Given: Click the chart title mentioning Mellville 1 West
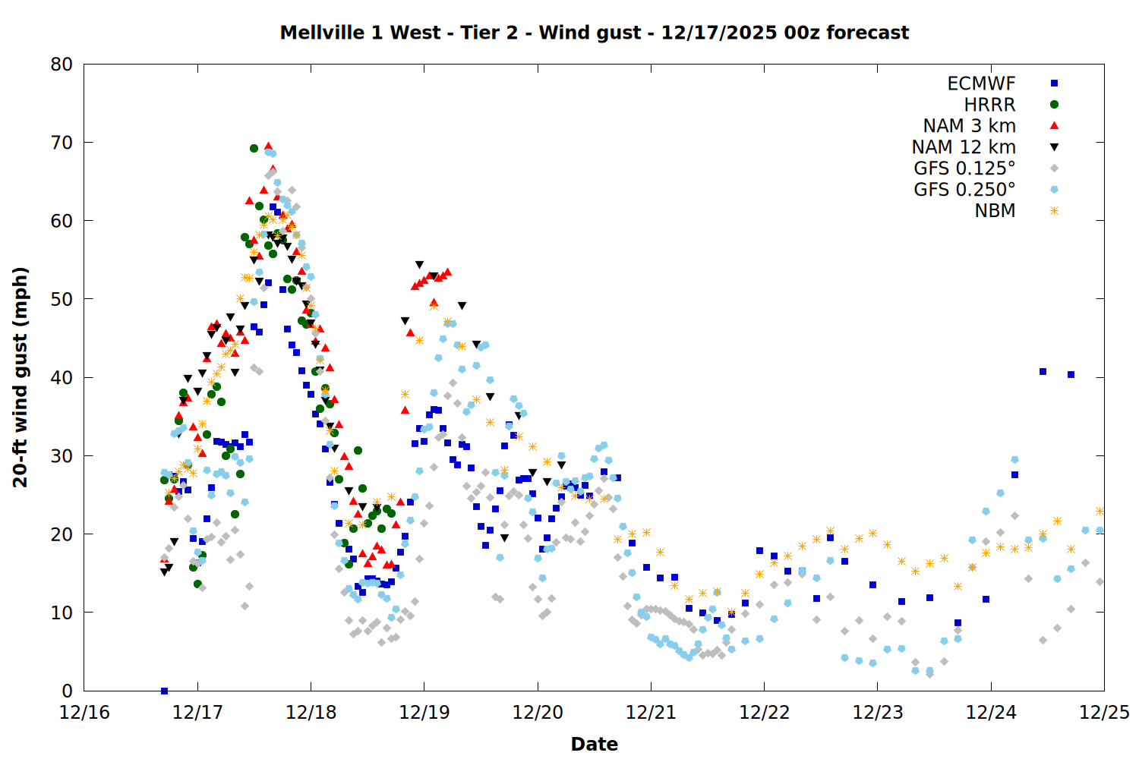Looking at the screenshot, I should coord(594,33).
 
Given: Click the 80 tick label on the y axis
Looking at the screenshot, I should coord(62,65).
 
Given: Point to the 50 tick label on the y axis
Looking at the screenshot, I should coord(62,299).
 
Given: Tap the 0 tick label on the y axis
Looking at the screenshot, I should coord(68,691).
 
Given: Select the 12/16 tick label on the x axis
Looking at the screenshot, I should coord(84,713).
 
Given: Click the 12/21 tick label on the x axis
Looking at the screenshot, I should coord(651,713).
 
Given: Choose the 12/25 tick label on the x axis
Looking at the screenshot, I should coord(1104,713).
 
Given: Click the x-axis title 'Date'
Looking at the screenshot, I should coord(594,744).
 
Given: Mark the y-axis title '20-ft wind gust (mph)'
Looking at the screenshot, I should coord(21,377).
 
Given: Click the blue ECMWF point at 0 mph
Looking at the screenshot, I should coord(164,691).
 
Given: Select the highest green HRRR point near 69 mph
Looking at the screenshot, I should coord(254,148).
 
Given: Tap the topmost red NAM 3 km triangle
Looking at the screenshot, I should coord(268,146).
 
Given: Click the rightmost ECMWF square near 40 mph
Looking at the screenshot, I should coord(1071,374).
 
